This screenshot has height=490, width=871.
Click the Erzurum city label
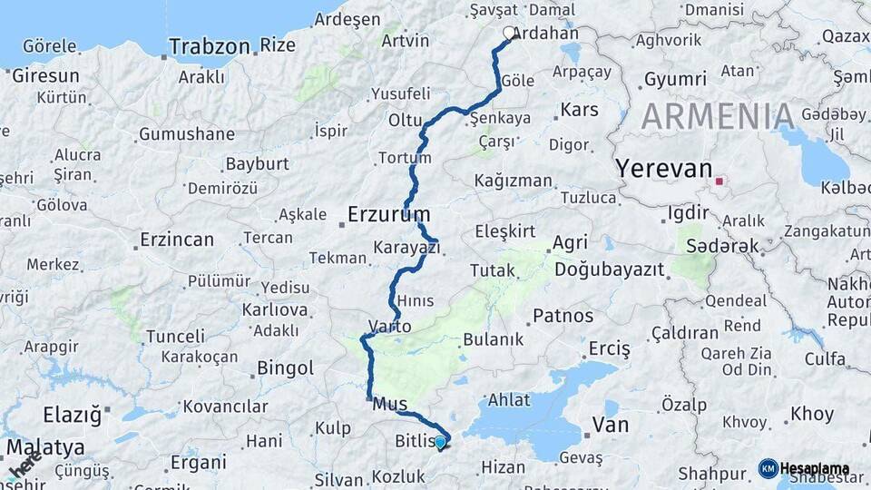388,214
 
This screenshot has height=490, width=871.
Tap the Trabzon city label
209,46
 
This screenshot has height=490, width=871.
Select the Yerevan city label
664,168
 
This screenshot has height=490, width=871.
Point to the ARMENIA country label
719,116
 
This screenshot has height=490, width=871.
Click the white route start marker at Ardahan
508,34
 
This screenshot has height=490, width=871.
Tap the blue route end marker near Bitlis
440,443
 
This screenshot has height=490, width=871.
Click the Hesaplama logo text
814,469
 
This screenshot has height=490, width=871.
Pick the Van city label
610,423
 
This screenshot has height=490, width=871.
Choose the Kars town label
580,110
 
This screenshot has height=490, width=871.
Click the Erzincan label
177,240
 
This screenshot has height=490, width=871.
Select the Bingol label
285,368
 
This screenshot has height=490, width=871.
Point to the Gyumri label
675,80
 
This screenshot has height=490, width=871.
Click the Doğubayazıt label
609,269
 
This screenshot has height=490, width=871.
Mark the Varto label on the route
390,326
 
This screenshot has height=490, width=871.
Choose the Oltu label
406,120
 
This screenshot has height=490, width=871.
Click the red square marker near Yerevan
719,181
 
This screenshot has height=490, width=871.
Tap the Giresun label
45,76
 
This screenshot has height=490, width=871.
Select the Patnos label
563,317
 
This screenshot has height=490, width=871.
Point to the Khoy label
812,414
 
